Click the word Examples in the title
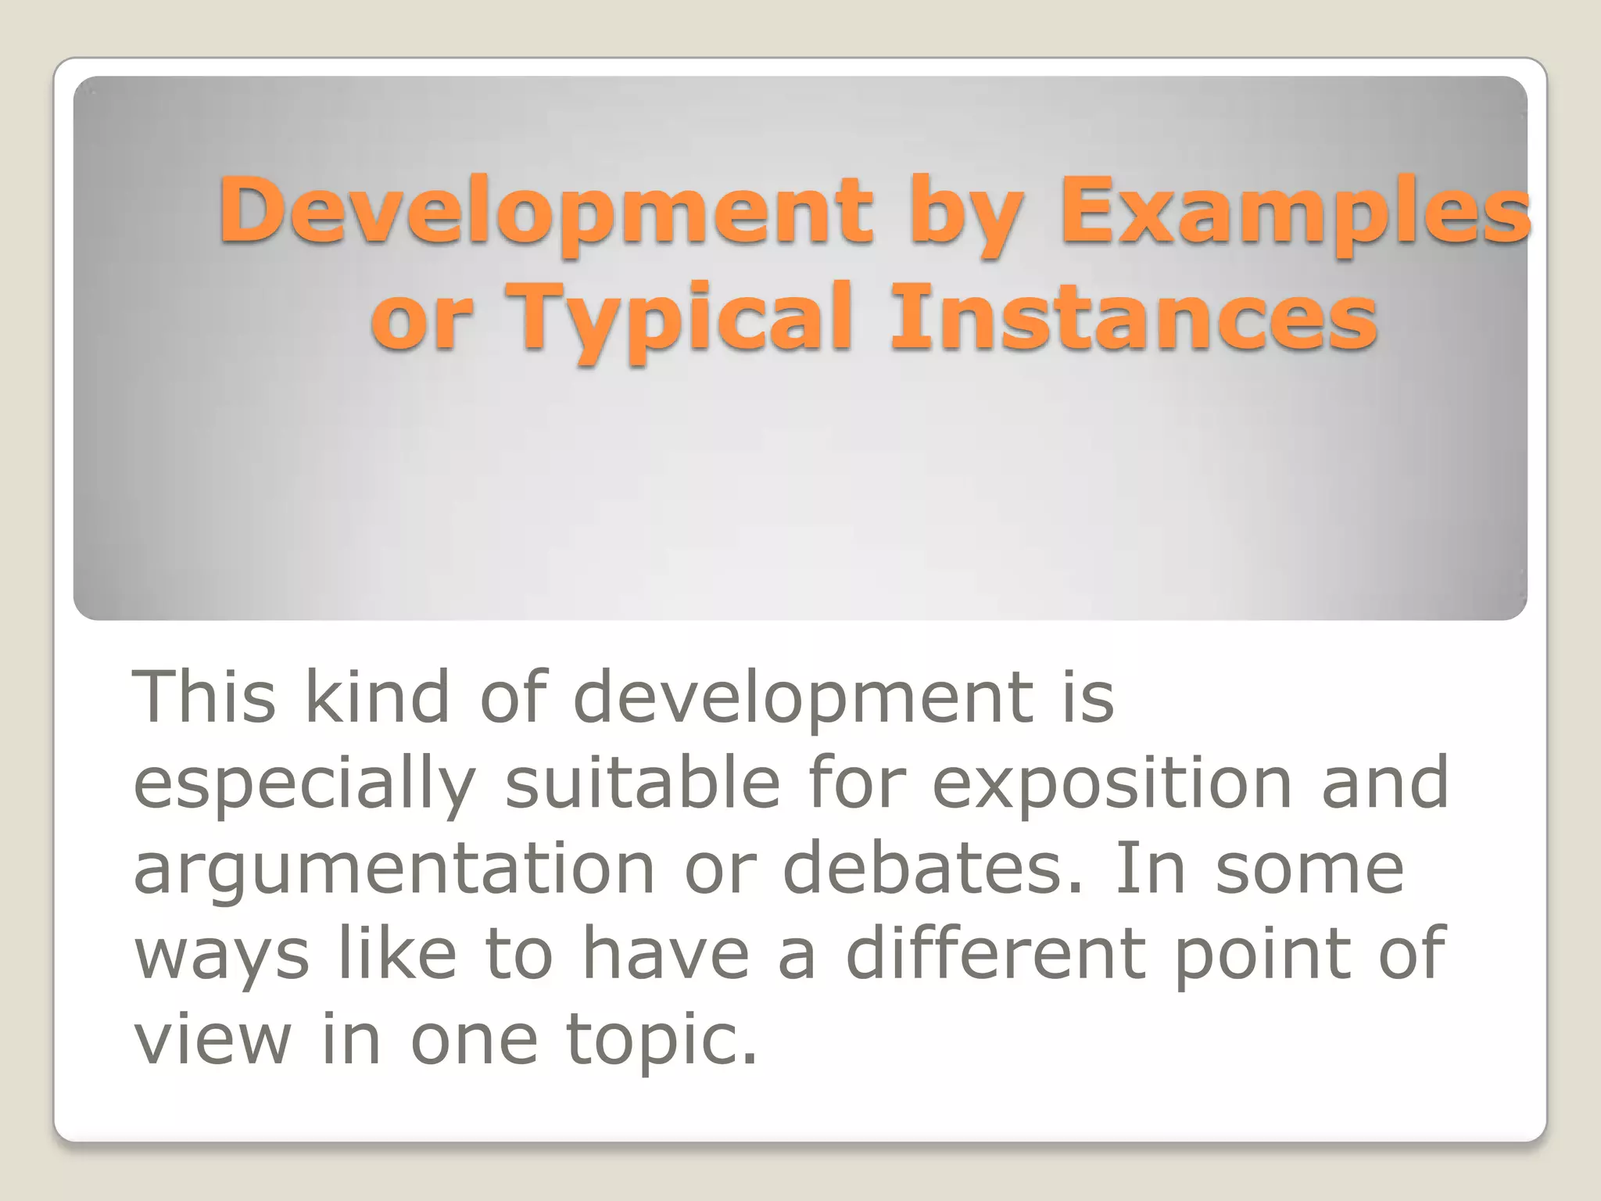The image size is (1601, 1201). point(1294,210)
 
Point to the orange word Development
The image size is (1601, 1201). point(546,210)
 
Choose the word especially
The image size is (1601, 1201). point(305,785)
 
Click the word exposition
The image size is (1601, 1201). point(1112,785)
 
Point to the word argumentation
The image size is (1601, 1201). point(395,871)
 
